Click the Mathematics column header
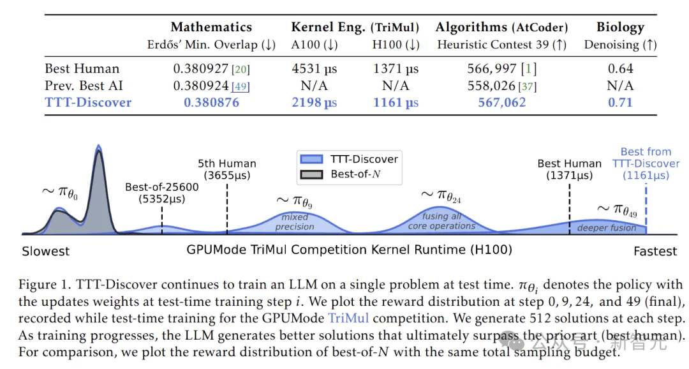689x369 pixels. click(211, 27)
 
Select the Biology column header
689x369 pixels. click(619, 27)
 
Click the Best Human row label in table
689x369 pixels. click(82, 68)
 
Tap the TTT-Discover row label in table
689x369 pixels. click(88, 102)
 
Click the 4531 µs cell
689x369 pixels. click(314, 68)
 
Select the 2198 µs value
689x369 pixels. click(314, 102)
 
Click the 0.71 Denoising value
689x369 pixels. click(619, 102)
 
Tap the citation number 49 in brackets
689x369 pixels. click(241, 86)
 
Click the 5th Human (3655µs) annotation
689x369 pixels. click(227, 169)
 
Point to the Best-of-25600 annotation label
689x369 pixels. click(161, 193)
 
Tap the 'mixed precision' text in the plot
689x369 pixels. click(295, 222)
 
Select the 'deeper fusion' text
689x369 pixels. click(606, 228)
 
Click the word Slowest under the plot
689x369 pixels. click(45, 252)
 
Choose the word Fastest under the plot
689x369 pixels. click(655, 252)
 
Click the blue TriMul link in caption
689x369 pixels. click(348, 317)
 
